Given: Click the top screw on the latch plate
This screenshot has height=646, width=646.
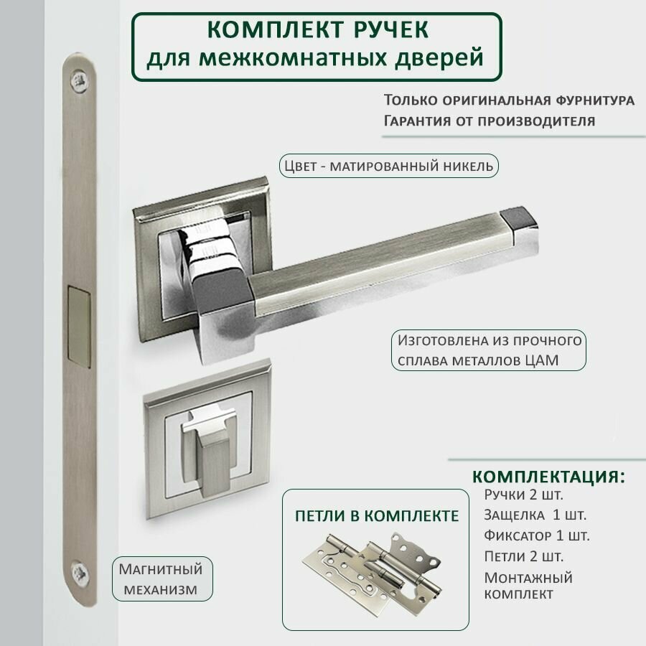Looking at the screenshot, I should pos(78,80).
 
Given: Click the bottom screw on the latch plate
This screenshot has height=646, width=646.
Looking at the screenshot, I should pos(78,572).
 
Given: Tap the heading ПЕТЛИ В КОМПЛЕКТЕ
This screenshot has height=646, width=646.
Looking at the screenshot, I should pos(377,515).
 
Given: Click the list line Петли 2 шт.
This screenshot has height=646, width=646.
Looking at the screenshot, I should pos(523,556).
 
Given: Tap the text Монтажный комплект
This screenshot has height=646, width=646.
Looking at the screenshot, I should pos(528,585).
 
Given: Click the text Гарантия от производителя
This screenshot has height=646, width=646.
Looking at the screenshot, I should pos(489,120).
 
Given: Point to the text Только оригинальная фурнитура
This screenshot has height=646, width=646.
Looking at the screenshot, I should pos(508,100).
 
